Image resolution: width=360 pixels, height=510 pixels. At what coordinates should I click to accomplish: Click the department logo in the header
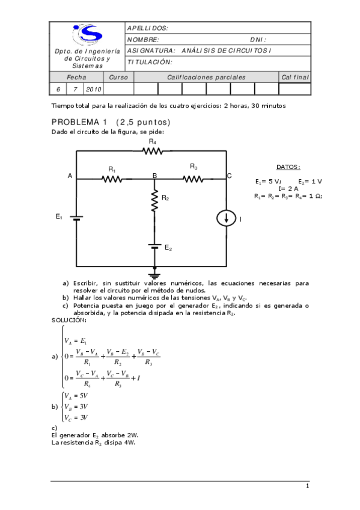(x=87, y=34)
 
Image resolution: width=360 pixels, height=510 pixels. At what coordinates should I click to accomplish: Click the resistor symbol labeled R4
(x=153, y=151)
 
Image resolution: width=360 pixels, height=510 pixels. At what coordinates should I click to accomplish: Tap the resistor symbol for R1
(x=112, y=179)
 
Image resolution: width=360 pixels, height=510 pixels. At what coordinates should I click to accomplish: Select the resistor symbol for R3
(x=193, y=178)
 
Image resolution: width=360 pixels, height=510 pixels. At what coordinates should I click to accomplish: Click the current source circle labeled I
(x=226, y=220)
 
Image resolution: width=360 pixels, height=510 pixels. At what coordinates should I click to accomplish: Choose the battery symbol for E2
(x=154, y=247)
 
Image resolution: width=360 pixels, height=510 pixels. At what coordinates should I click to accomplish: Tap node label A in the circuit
(x=70, y=176)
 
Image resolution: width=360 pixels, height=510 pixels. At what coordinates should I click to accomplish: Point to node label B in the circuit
(x=154, y=175)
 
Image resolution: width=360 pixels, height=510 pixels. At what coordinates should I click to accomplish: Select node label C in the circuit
(x=229, y=176)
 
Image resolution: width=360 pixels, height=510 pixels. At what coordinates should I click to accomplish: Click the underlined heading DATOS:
(x=288, y=167)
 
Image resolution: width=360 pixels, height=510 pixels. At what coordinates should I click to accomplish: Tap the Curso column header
(x=118, y=78)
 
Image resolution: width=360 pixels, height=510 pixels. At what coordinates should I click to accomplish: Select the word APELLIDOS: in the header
(x=148, y=28)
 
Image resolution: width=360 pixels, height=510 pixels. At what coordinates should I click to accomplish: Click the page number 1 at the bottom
(x=307, y=486)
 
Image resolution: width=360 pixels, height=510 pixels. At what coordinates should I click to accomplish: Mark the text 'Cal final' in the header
(x=294, y=78)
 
